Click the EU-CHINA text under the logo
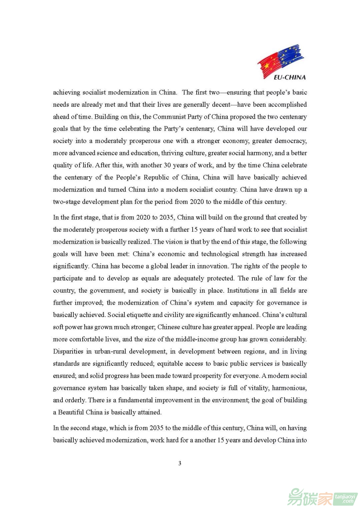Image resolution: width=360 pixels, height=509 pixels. coord(289,77)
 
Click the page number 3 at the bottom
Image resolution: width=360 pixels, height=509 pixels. coord(180,463)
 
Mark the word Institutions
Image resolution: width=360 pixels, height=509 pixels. coord(243,290)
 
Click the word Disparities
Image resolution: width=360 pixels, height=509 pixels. coord(68,351)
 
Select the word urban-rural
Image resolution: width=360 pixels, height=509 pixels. coord(110,351)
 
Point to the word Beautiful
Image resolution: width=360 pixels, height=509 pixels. coord(71,412)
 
